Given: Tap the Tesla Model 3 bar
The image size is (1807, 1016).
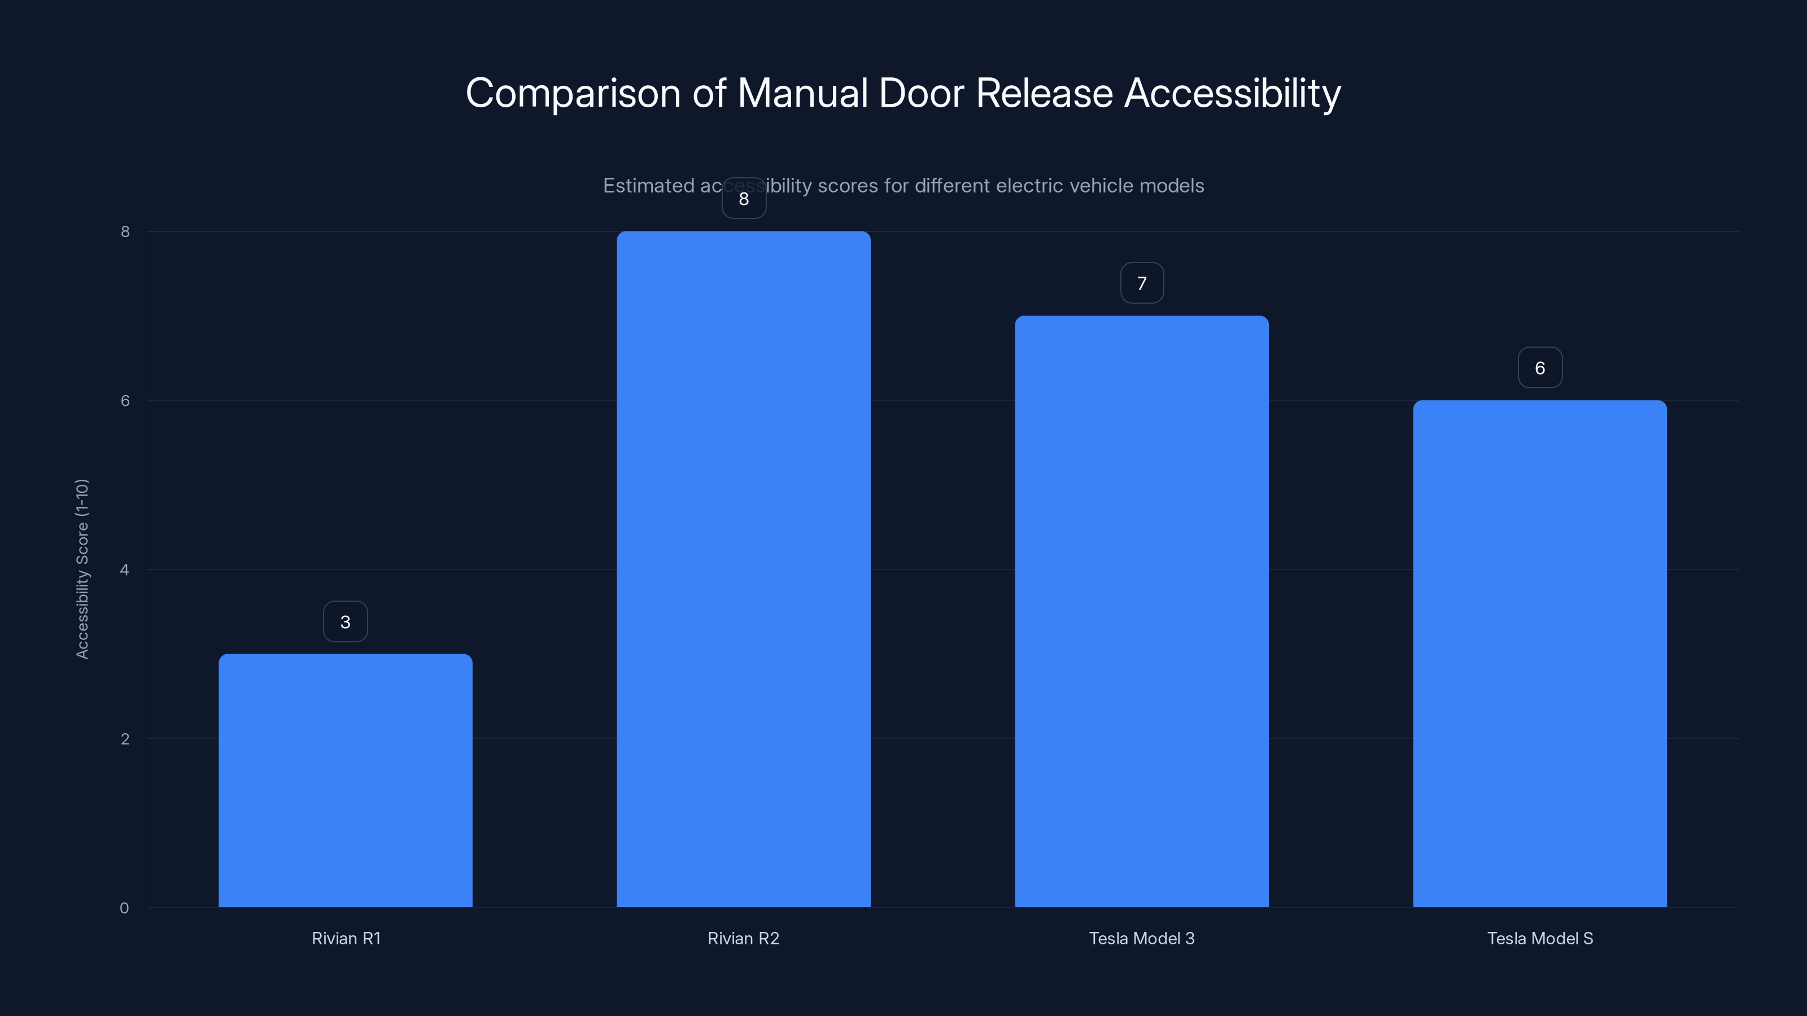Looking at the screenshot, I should point(1141,611).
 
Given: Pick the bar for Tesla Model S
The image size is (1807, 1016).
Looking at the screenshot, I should point(1540,653).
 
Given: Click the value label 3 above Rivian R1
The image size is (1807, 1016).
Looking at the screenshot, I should point(345,621).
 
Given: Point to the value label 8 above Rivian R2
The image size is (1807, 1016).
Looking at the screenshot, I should point(744,199).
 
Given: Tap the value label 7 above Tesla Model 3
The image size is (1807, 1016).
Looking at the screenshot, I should point(1141,283).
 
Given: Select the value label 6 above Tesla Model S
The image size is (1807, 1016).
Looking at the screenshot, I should point(1540,367).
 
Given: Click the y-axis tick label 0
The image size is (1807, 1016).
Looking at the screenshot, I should point(124,908).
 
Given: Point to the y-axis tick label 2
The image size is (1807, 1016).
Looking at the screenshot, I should point(125,738).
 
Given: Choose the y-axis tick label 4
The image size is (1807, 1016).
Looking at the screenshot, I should point(124,570).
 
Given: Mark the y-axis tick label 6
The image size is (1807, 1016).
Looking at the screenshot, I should point(125,400).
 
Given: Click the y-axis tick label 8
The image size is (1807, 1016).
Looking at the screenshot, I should point(125,231).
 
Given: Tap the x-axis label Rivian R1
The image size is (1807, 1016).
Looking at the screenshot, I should point(346,938).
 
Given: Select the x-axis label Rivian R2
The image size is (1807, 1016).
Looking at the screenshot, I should point(744,938).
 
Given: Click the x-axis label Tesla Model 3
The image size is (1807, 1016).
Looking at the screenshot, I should point(1141,938).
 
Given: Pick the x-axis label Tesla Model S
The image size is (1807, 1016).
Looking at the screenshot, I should point(1540,938).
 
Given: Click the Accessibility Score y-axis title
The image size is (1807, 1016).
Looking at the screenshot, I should point(82,568).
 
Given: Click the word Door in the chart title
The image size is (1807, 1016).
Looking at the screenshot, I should point(921,93).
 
